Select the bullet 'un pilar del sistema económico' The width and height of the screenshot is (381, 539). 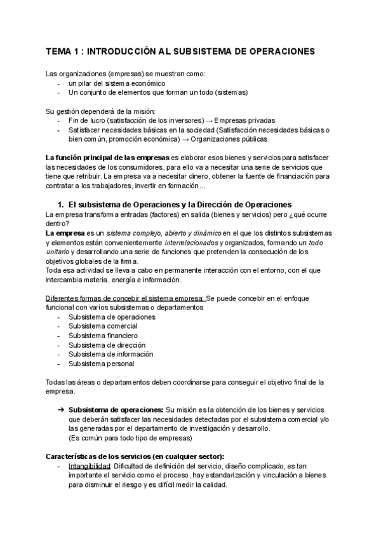coord(117,83)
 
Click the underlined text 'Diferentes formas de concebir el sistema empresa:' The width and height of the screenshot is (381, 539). coord(125,299)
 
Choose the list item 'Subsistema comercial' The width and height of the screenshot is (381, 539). coord(103,326)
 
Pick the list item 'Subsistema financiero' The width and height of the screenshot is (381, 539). coord(103,336)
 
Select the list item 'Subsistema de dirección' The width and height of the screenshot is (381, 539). coord(106,345)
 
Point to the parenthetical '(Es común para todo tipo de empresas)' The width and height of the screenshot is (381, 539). coord(130,438)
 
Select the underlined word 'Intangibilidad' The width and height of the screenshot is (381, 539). coord(88,466)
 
